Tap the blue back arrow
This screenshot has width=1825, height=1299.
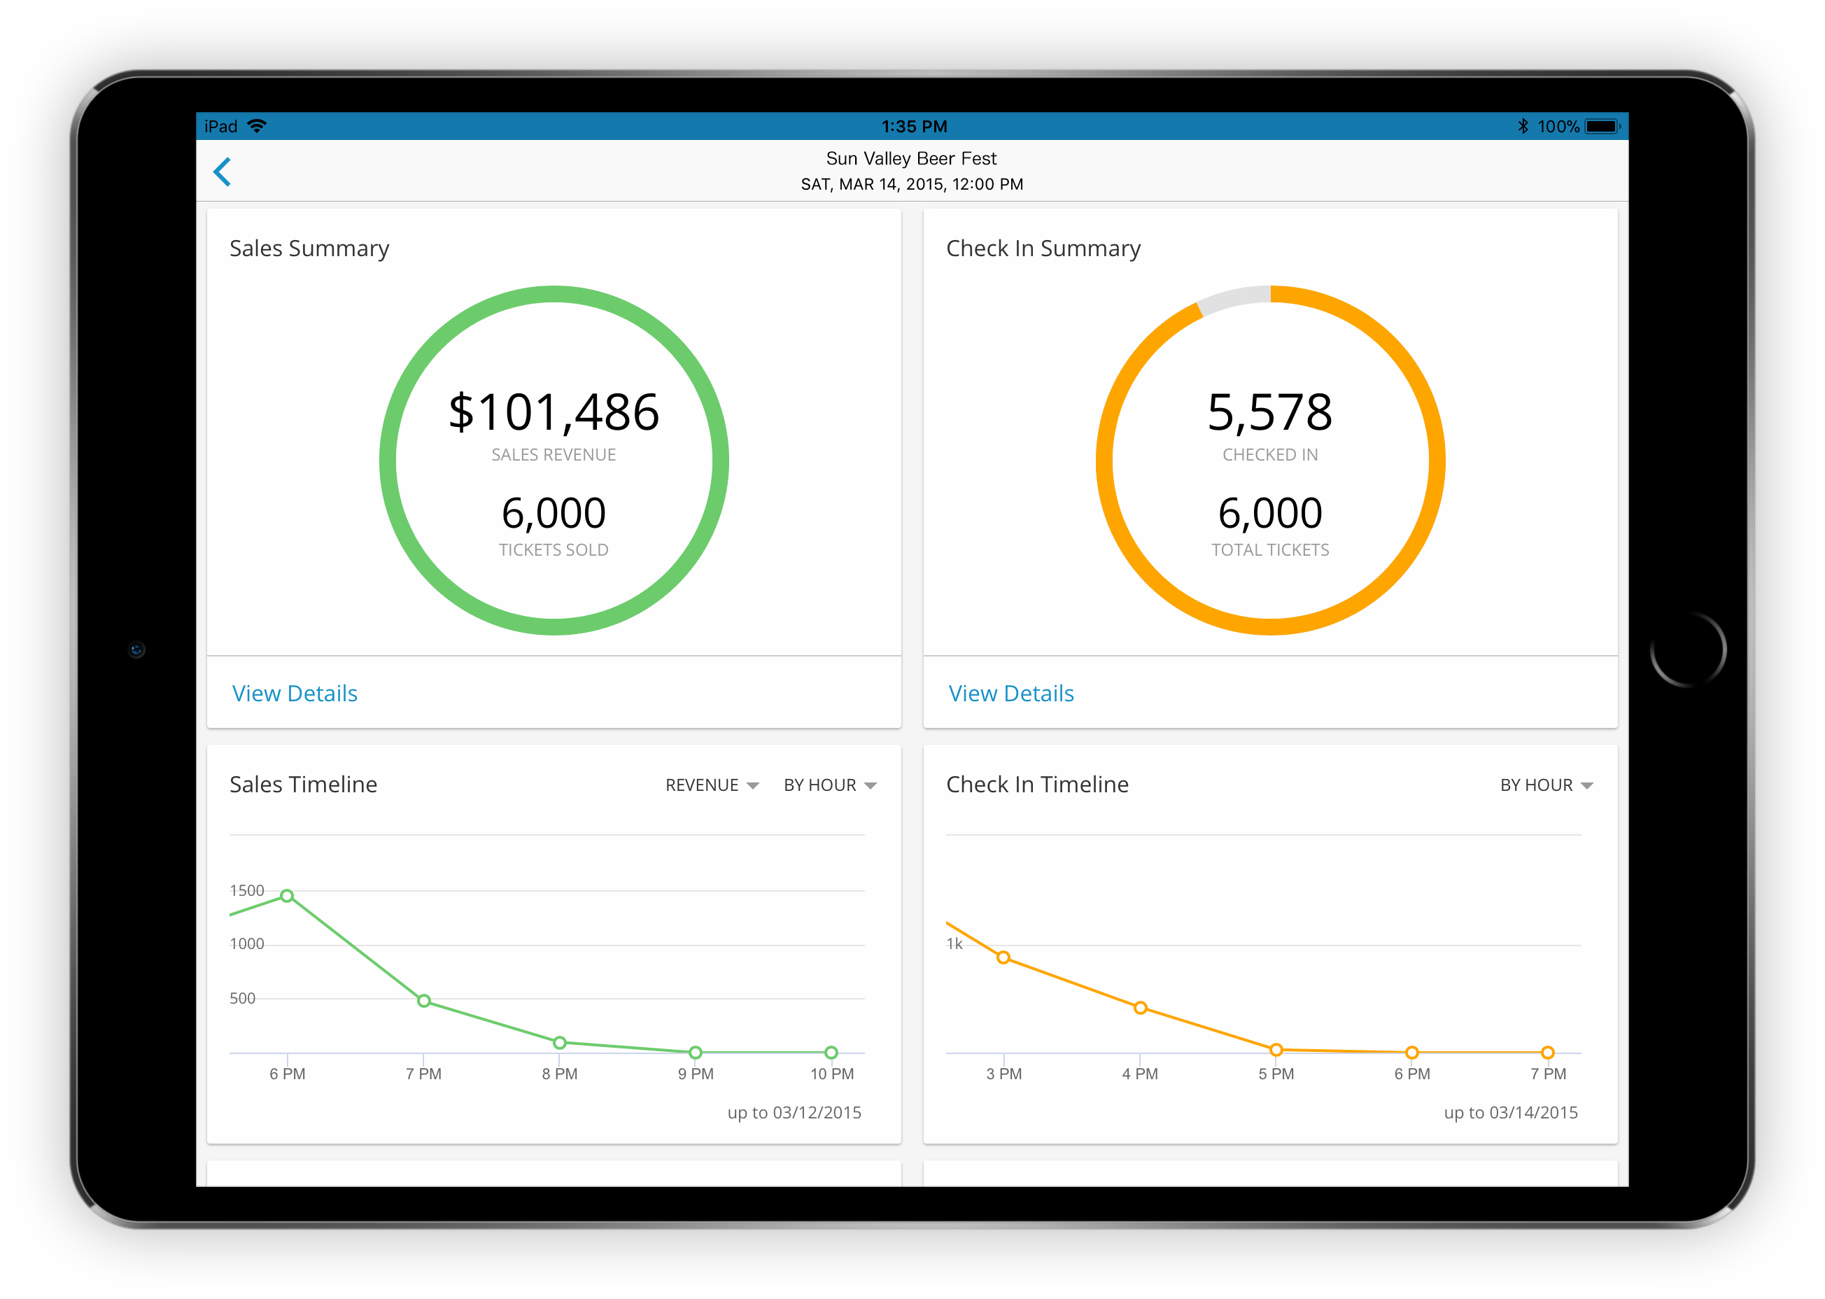click(x=223, y=172)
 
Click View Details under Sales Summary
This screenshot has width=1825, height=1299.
click(x=295, y=694)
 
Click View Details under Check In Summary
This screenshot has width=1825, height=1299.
click(x=1011, y=694)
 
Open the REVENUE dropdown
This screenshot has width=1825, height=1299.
click(x=712, y=785)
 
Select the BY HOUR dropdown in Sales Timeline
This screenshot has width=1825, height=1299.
click(x=830, y=785)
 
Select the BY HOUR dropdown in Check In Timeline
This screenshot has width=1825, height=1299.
click(x=1546, y=785)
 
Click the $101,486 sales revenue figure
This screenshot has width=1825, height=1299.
click(x=554, y=413)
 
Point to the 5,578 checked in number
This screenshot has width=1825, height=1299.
click(x=1270, y=413)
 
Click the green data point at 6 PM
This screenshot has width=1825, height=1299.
click(x=287, y=896)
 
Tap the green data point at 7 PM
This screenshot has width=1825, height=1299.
click(x=424, y=1001)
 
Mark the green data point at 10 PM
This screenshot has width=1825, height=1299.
click(x=831, y=1053)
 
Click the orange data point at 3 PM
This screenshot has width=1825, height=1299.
click(x=1003, y=957)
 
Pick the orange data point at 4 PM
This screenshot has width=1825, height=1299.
click(x=1141, y=1008)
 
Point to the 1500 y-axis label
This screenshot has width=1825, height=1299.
click(x=246, y=890)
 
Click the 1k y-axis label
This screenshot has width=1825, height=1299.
click(x=954, y=944)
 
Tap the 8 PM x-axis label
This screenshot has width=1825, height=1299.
click(x=560, y=1074)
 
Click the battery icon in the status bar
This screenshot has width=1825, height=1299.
click(x=1602, y=127)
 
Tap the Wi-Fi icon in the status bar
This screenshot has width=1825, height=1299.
click(x=257, y=127)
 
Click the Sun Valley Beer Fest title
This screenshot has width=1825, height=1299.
click(x=911, y=158)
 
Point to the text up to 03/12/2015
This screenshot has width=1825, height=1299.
click(x=794, y=1113)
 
